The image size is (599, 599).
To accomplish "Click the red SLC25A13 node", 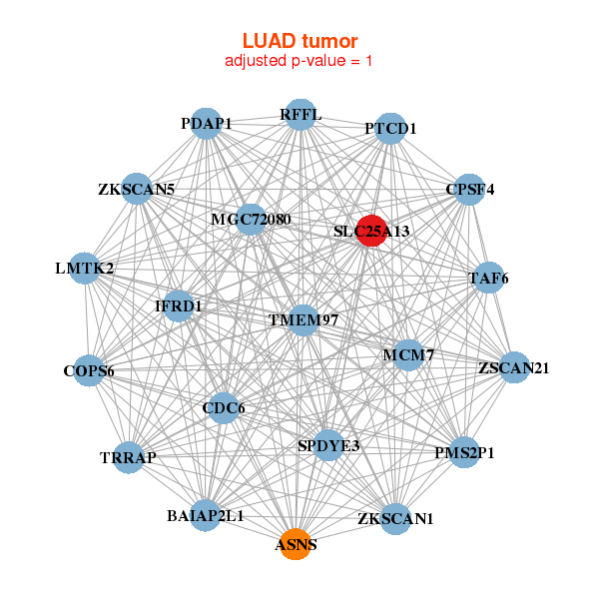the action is click(371, 231).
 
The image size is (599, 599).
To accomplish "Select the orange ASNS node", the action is click(297, 544).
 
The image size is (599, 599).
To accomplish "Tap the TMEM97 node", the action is click(303, 320).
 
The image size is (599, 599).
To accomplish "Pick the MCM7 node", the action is click(408, 354).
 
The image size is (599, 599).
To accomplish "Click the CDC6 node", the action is click(224, 408).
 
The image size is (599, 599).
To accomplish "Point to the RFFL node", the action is click(301, 115).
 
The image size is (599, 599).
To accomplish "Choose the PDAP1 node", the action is click(207, 124).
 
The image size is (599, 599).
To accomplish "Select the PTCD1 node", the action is click(390, 129).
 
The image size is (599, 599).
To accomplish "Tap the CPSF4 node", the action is click(469, 190).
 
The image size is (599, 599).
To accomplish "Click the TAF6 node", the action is click(488, 278).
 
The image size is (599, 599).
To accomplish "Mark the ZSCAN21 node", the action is click(514, 367).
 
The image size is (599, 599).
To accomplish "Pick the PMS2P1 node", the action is click(464, 452).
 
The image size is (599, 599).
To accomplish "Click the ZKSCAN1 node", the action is click(395, 519).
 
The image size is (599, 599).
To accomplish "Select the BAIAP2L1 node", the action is click(206, 515).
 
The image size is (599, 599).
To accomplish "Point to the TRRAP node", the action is click(129, 457).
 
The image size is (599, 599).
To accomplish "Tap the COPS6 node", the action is click(89, 370).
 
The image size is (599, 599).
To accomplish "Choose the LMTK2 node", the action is click(85, 269).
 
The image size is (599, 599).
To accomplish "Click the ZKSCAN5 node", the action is click(137, 189).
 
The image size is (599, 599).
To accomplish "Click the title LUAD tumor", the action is click(299, 41).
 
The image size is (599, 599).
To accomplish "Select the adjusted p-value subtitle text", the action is click(299, 61).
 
